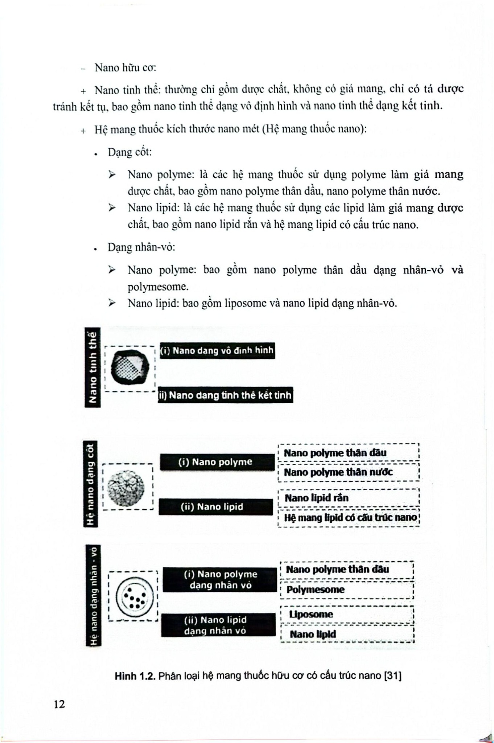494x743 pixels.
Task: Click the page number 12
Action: click(x=59, y=704)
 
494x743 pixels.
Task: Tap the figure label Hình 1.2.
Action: click(x=135, y=676)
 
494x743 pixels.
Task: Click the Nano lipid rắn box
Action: click(x=348, y=498)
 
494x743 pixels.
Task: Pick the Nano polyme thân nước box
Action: click(x=348, y=472)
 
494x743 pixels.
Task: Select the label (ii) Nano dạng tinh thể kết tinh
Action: click(x=225, y=395)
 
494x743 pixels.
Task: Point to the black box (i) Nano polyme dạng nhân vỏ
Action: click(x=220, y=579)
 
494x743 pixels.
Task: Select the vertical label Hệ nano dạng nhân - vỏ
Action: click(x=93, y=595)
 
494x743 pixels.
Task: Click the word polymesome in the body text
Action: click(x=158, y=287)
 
